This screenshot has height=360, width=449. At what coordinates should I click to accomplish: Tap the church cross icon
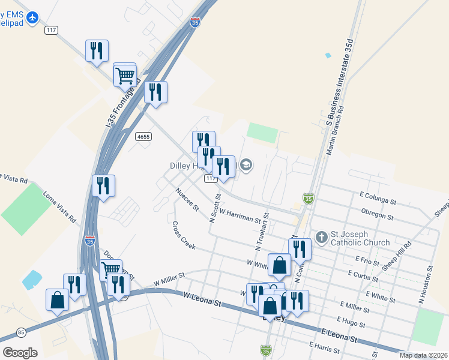coord(322,237)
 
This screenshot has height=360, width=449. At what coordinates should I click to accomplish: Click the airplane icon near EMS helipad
coord(32,18)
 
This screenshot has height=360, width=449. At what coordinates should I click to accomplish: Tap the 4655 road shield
coord(143,137)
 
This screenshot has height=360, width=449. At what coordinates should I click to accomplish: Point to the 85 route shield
coord(22,332)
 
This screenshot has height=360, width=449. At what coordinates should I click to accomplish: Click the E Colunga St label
coord(378,199)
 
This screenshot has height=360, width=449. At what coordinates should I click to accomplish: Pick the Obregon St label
coord(377,214)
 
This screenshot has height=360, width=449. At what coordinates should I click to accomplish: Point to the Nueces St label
coord(187,200)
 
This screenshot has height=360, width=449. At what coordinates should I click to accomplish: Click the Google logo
coord(20,352)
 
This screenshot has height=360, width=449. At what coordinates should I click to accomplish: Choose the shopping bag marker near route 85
coord(57,300)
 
